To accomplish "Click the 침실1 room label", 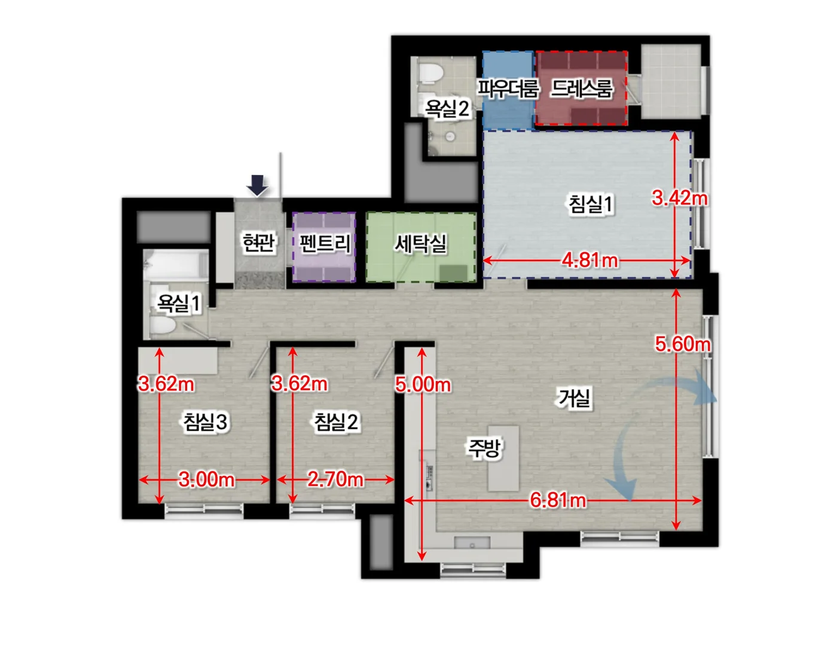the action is click(x=591, y=204).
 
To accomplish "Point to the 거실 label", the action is click(x=574, y=397).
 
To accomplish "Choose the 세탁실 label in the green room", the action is click(x=421, y=243).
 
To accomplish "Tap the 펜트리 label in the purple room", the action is click(x=324, y=243).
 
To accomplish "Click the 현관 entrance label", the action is click(x=258, y=242).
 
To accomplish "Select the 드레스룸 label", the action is click(x=582, y=88).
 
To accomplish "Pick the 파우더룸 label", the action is click(x=508, y=88).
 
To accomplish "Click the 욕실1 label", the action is click(x=179, y=303).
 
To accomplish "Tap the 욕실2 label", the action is click(x=447, y=108).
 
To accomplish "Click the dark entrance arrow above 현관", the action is click(x=257, y=186).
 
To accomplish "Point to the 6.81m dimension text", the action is click(x=558, y=500).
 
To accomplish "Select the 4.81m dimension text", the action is click(x=589, y=261).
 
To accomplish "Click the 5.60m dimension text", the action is click(x=683, y=344).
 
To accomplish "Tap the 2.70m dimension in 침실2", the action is click(x=335, y=479).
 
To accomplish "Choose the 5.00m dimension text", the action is click(x=423, y=385).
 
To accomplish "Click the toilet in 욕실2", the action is click(x=430, y=74).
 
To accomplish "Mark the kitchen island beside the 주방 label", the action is click(x=503, y=458).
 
